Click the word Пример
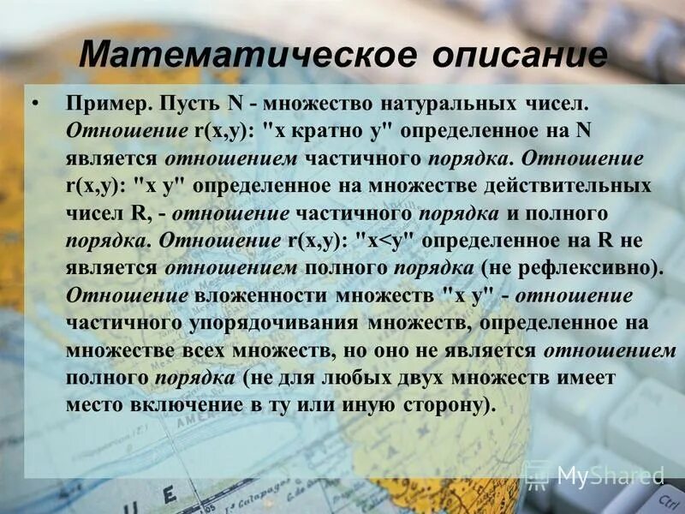point(104,105)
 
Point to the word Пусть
point(189,105)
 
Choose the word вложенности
point(252,296)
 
